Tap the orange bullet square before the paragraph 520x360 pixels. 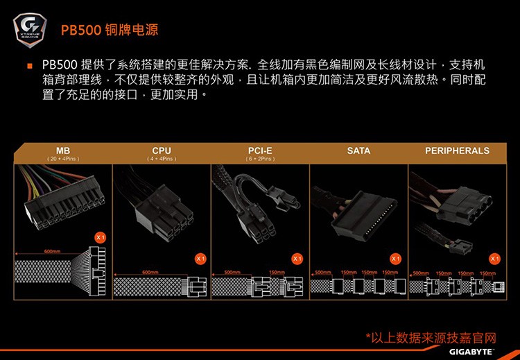(x=30, y=66)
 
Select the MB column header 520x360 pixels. (x=63, y=151)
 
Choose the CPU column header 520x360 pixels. (x=162, y=151)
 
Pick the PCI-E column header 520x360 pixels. (x=260, y=151)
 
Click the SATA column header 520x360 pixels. (x=358, y=151)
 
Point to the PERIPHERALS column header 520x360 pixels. (x=457, y=151)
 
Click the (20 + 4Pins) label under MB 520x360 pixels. (x=63, y=159)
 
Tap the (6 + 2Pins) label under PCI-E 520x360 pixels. (x=260, y=159)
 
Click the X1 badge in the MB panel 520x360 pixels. (x=101, y=238)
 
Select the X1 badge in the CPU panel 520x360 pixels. (x=200, y=259)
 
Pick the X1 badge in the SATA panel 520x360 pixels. (x=396, y=259)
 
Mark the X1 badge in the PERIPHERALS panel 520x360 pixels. (x=495, y=259)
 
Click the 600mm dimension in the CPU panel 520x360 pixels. (x=150, y=272)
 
